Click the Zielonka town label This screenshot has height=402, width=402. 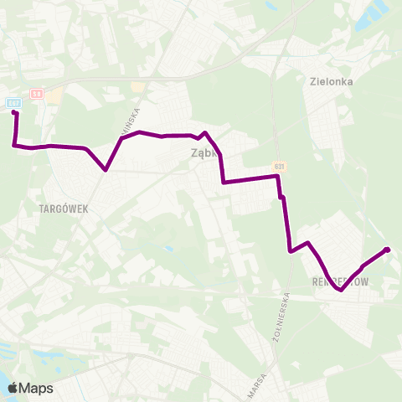[x=330, y=82]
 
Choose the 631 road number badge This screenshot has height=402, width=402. [x=278, y=167]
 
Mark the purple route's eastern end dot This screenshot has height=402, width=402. [x=387, y=250]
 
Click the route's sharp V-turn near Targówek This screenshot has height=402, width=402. [x=106, y=170]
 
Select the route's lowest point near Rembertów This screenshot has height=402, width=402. [x=339, y=291]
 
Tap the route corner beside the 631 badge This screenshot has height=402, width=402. [x=277, y=177]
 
